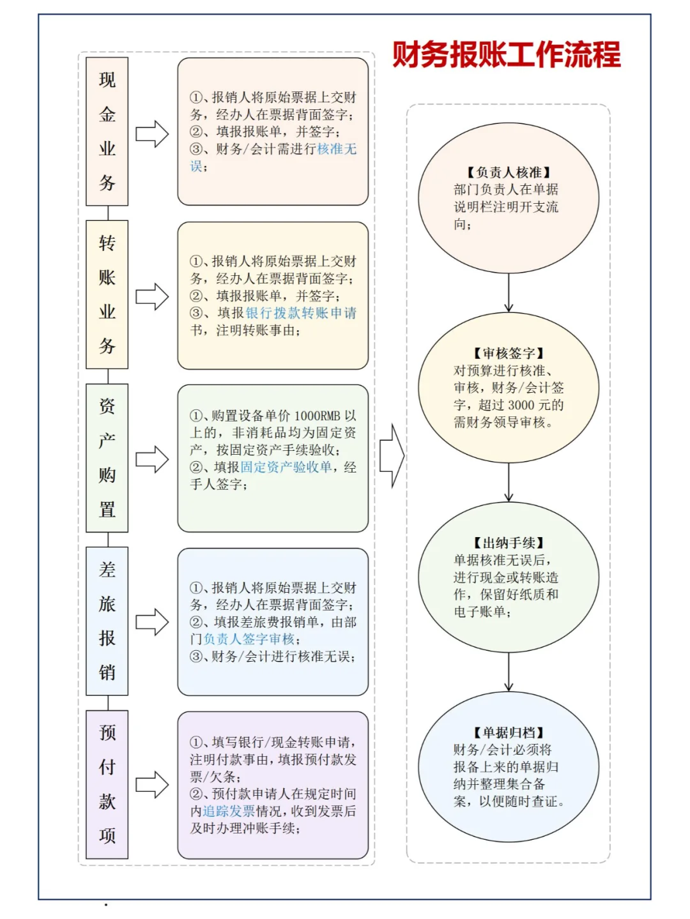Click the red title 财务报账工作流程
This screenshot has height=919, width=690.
(x=507, y=54)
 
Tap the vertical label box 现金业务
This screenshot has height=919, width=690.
(x=107, y=132)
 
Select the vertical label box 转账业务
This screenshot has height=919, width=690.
(x=107, y=295)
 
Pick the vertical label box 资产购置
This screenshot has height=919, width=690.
(x=107, y=458)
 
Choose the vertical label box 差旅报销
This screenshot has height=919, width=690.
(x=107, y=621)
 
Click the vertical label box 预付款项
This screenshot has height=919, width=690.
(x=107, y=785)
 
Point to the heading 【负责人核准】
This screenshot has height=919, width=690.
(x=509, y=172)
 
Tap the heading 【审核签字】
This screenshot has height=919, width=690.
(x=509, y=353)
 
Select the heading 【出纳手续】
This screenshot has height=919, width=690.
(x=509, y=543)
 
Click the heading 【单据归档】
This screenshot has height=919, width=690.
(x=509, y=733)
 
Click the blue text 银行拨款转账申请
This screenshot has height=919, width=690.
(x=301, y=313)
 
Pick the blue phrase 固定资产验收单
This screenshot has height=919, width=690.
(x=286, y=467)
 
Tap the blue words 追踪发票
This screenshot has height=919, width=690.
(x=229, y=812)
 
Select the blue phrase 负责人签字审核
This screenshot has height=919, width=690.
(x=249, y=639)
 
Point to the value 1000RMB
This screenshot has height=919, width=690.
(x=317, y=416)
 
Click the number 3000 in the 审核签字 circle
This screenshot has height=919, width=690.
(x=522, y=405)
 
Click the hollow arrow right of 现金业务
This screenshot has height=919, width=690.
(x=152, y=134)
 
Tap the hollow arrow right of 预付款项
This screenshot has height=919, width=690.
(x=152, y=785)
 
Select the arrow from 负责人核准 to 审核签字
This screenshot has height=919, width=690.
(x=509, y=292)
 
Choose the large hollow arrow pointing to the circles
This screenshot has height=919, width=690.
(x=392, y=456)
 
